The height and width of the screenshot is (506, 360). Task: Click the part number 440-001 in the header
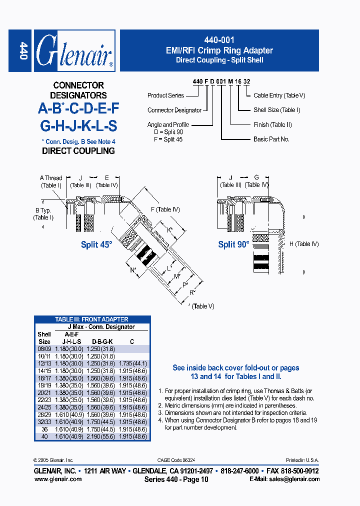[219, 40]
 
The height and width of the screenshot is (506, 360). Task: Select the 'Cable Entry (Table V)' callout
[279, 95]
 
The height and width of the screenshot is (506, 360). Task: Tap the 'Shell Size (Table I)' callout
[276, 110]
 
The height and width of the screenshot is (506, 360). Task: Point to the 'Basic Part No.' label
[271, 139]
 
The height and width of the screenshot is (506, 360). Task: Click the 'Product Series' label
[165, 95]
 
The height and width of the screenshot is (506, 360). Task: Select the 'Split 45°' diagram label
[97, 245]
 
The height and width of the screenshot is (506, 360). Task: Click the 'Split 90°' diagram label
[233, 245]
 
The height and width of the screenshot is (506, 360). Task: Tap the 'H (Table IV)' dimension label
[303, 244]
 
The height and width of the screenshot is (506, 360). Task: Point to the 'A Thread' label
[51, 178]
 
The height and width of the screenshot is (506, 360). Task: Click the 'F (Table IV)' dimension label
[165, 209]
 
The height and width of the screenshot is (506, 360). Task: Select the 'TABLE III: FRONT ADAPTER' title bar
[92, 319]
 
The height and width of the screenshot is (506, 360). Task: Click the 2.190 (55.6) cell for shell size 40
[102, 436]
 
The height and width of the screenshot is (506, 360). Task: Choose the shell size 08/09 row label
[44, 348]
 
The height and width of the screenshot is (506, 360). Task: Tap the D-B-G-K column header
[102, 341]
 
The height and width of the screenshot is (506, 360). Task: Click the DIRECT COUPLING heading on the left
[78, 150]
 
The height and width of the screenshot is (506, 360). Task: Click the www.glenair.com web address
[58, 479]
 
